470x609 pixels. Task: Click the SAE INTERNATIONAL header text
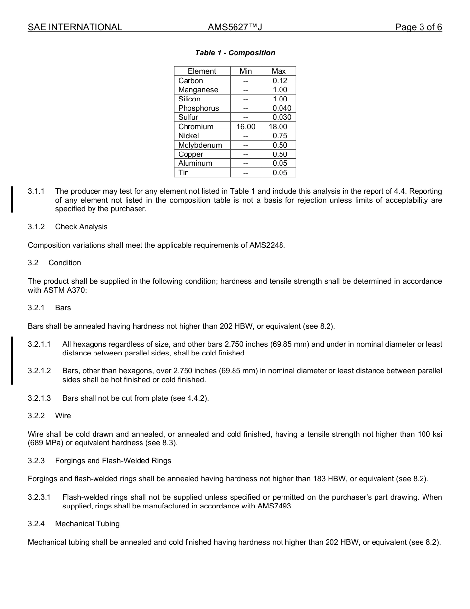pos(75,27)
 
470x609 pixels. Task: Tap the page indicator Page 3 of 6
pos(418,27)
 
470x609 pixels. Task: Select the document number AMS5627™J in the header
pos(235,27)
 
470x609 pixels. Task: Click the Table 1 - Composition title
pos(235,53)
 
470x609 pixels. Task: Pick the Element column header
pos(202,71)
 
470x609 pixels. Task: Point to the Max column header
pos(279,71)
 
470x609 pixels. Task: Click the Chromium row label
pos(196,127)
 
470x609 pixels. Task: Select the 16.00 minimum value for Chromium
pos(246,127)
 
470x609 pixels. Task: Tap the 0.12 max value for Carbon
pos(280,81)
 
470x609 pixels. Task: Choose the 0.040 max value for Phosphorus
pos(282,108)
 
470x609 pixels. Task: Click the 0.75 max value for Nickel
pos(280,136)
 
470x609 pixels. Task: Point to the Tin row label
pos(184,173)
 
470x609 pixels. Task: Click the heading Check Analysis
pos(81,227)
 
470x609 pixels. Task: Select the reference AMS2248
pos(267,245)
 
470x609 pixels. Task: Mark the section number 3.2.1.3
pos(39,398)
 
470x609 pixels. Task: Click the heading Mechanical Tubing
pos(87,524)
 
